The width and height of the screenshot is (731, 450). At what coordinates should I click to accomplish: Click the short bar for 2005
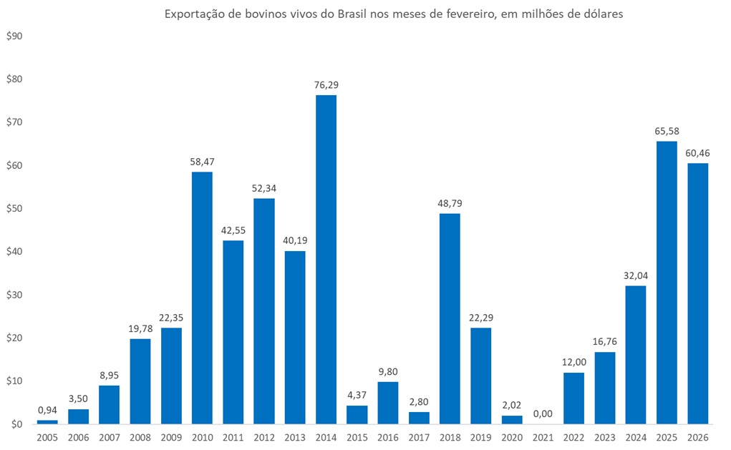point(47,422)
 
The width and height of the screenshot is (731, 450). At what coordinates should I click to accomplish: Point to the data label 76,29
point(326,85)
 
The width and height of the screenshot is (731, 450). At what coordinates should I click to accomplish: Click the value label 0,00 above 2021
point(543,413)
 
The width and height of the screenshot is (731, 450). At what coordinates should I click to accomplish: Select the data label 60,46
point(697,153)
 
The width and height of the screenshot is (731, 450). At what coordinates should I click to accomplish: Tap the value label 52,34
point(264,188)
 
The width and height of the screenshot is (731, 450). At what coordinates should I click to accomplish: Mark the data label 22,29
point(480,318)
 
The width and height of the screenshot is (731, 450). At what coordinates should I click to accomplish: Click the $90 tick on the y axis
point(14,36)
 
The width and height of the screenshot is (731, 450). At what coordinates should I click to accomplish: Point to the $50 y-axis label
point(14,208)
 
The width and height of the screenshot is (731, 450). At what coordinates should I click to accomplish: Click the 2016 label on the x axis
point(387,437)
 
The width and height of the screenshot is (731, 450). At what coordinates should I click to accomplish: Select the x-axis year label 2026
point(697,437)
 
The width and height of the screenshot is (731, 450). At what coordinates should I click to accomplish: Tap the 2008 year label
point(140,437)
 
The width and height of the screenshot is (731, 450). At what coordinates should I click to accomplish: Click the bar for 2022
point(573,398)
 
